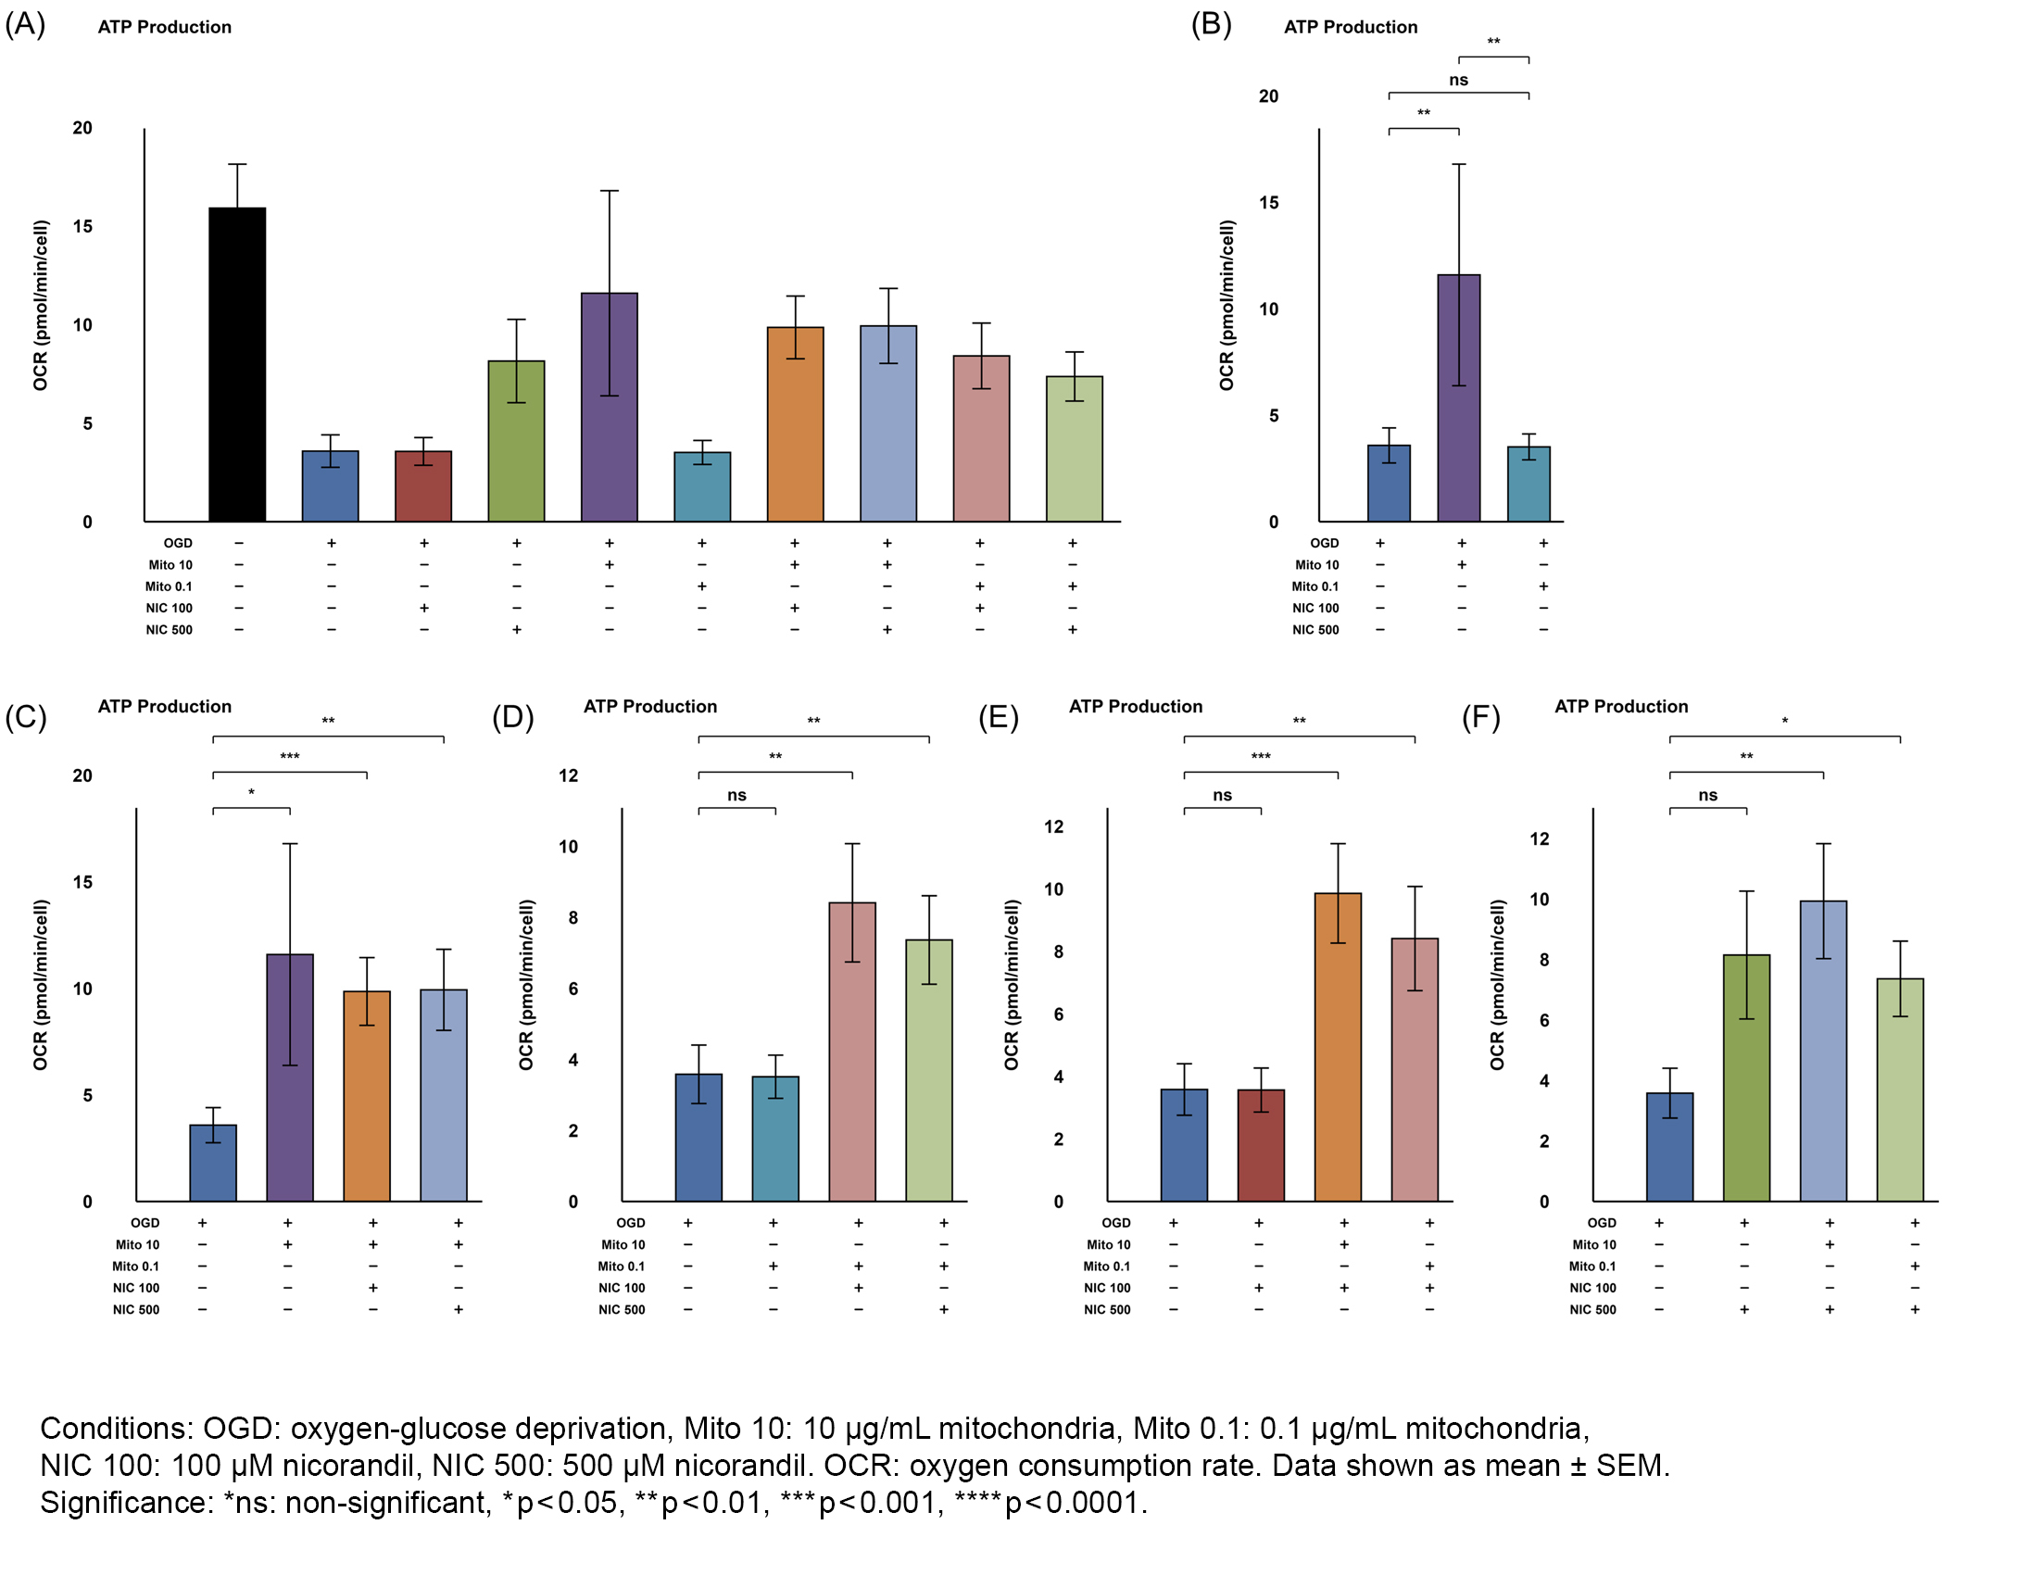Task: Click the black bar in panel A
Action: tap(237, 365)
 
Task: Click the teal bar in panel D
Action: tap(775, 1140)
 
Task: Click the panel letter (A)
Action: tap(25, 24)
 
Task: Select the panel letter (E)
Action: tap(998, 717)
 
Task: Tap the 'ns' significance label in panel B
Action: tap(1457, 81)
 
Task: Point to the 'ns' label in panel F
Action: tap(1707, 796)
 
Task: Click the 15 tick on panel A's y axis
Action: tap(82, 227)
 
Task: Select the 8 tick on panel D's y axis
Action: tap(572, 918)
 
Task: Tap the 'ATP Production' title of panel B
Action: tap(1351, 27)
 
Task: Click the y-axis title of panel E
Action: tap(1012, 984)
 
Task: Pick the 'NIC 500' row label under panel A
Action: tap(169, 630)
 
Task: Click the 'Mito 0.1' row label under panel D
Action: tap(622, 1266)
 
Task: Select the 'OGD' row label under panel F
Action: tap(1602, 1223)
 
